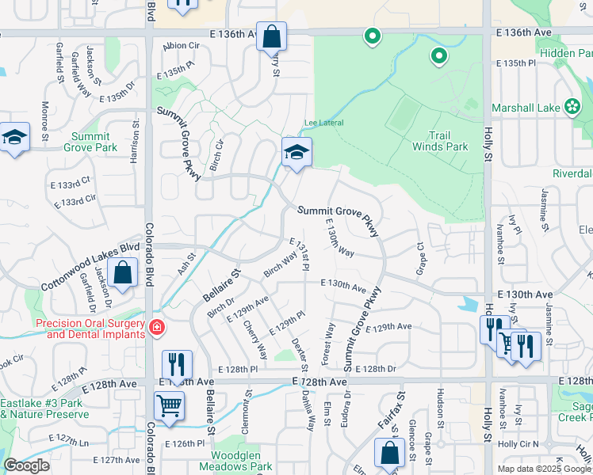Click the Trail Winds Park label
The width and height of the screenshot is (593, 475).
(439, 141)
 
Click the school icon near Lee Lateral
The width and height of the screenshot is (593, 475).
(296, 152)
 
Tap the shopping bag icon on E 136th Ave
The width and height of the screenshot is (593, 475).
(271, 36)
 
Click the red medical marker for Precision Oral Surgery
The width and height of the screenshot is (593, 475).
(156, 326)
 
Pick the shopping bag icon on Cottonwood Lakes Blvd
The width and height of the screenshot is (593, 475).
(123, 273)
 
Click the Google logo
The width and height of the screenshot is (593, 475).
(26, 465)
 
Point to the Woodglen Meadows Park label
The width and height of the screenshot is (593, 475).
(242, 460)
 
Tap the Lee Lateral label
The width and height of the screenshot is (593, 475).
(323, 123)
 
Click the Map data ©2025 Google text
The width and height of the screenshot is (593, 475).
(542, 468)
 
